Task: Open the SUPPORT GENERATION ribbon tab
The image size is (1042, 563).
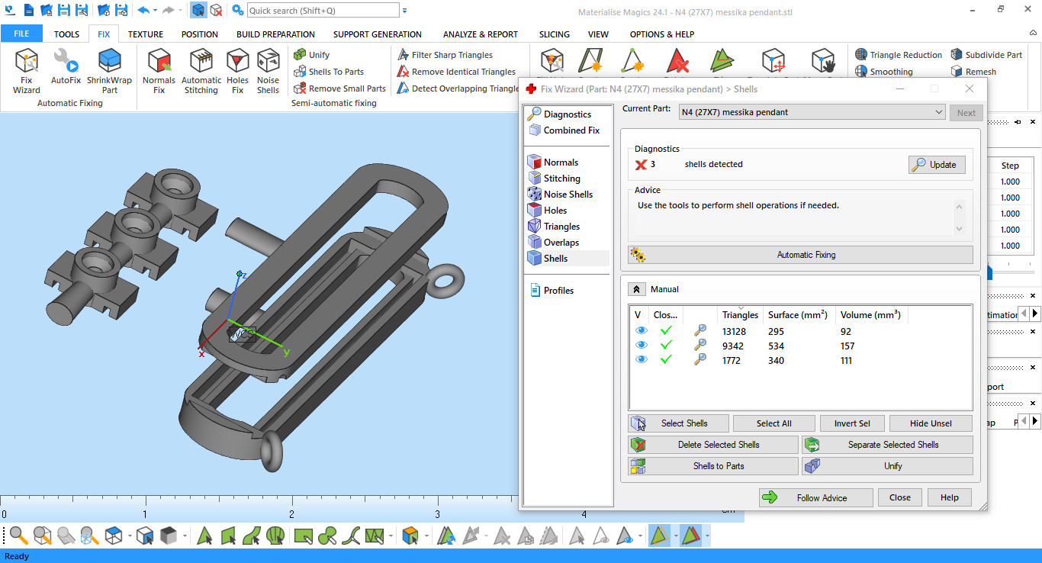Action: click(x=377, y=34)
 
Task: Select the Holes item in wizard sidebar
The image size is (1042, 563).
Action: click(x=555, y=211)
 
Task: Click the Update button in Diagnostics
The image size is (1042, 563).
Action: click(x=937, y=165)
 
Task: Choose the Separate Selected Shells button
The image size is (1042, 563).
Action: click(x=887, y=445)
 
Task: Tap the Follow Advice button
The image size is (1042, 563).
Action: click(x=815, y=497)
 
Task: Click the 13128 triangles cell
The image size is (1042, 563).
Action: click(x=734, y=332)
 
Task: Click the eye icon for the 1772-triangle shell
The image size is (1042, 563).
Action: click(x=642, y=360)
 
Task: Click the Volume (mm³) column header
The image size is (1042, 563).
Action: click(x=870, y=315)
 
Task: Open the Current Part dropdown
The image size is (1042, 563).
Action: click(x=812, y=112)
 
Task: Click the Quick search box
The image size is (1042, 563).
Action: click(x=323, y=11)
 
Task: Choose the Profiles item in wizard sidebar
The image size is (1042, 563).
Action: click(x=558, y=291)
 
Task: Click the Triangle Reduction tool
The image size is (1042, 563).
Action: click(x=899, y=55)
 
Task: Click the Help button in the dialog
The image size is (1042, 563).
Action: click(x=949, y=497)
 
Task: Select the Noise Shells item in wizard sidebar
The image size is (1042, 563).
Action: click(x=568, y=195)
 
